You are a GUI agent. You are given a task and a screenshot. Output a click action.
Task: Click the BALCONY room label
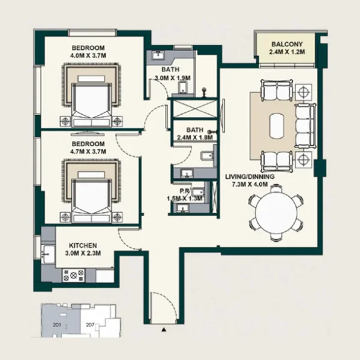(x=291, y=44)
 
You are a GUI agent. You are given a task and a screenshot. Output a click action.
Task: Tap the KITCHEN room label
(x=83, y=245)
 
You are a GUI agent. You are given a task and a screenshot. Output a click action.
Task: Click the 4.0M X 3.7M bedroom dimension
(x=88, y=56)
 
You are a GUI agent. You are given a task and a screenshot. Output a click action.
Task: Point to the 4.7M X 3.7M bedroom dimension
(x=88, y=152)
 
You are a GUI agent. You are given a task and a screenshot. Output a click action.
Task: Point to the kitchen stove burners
(x=77, y=275)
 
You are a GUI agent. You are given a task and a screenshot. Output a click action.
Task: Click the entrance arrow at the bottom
(x=163, y=329)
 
